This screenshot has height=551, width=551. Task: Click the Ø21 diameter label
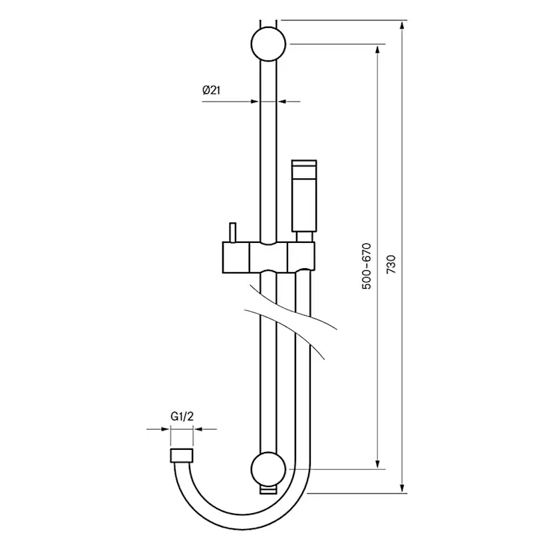coord(211,91)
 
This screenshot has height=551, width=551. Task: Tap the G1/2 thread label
coord(182,417)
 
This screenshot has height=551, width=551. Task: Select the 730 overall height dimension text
coord(391,264)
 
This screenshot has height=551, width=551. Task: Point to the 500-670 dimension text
coord(367,266)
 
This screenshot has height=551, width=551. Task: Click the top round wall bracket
coord(268,44)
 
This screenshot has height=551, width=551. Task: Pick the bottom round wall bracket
coord(268,468)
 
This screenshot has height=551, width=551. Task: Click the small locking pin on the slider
coord(233,232)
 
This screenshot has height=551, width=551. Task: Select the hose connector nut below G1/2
coord(182,455)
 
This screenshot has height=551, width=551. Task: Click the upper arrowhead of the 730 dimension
coord(403,25)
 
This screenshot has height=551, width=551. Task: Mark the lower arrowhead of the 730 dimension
coord(403,488)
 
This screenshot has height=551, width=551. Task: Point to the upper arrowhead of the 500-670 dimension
coord(378,49)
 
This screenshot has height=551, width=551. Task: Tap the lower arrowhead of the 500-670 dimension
coord(378,464)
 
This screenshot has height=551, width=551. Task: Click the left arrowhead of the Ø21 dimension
coord(254,102)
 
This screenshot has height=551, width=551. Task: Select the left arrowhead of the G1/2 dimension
coord(165,429)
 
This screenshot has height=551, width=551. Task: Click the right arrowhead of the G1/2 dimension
coord(198,429)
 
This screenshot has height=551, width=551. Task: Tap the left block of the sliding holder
coord(236,258)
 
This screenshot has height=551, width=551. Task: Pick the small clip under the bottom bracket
coord(268,490)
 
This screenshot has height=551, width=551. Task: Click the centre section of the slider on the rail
coord(268,258)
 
